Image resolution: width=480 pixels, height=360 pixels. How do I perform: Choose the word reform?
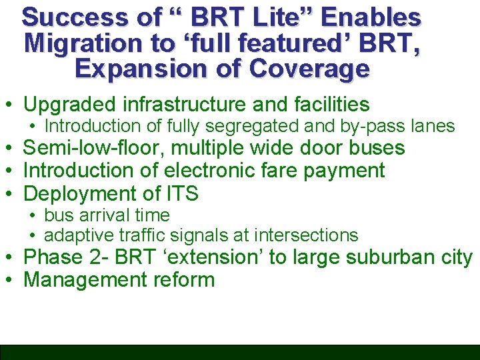183,279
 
